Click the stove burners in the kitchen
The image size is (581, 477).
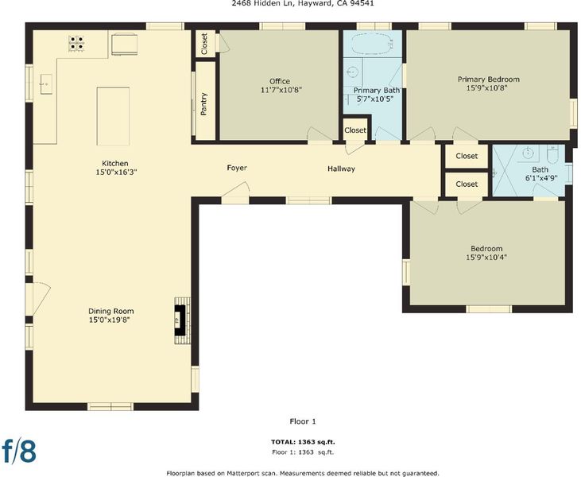click(x=76, y=44)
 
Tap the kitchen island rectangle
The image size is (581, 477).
click(x=113, y=116)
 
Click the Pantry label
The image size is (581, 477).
click(x=203, y=104)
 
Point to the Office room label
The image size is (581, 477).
click(x=280, y=81)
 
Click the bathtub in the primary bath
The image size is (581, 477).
click(x=372, y=45)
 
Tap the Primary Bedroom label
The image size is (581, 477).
click(x=488, y=79)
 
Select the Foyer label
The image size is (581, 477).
click(x=237, y=168)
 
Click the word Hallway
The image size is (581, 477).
click(x=341, y=169)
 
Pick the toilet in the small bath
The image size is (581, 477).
click(x=552, y=153)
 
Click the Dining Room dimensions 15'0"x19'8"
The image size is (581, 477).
click(x=110, y=320)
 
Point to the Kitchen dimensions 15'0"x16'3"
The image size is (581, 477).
click(x=115, y=172)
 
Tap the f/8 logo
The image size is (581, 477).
click(x=19, y=452)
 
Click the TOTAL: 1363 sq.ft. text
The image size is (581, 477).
click(x=303, y=442)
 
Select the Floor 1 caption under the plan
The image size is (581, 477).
click(x=303, y=421)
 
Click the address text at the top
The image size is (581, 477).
click(x=303, y=3)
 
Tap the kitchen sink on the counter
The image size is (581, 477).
click(x=46, y=84)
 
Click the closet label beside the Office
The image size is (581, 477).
click(x=204, y=44)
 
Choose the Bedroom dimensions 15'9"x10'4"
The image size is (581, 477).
click(x=486, y=257)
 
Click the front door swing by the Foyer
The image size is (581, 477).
click(x=236, y=192)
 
